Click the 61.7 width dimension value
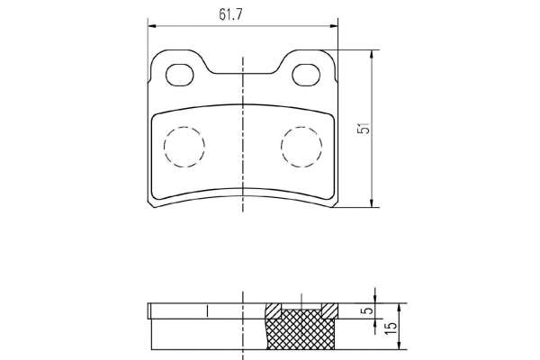point(230,14)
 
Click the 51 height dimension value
point(364,128)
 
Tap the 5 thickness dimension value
point(368,310)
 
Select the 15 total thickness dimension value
point(391,328)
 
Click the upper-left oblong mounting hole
point(179,75)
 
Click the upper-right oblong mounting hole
point(306,75)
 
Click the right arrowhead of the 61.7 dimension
point(334,26)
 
